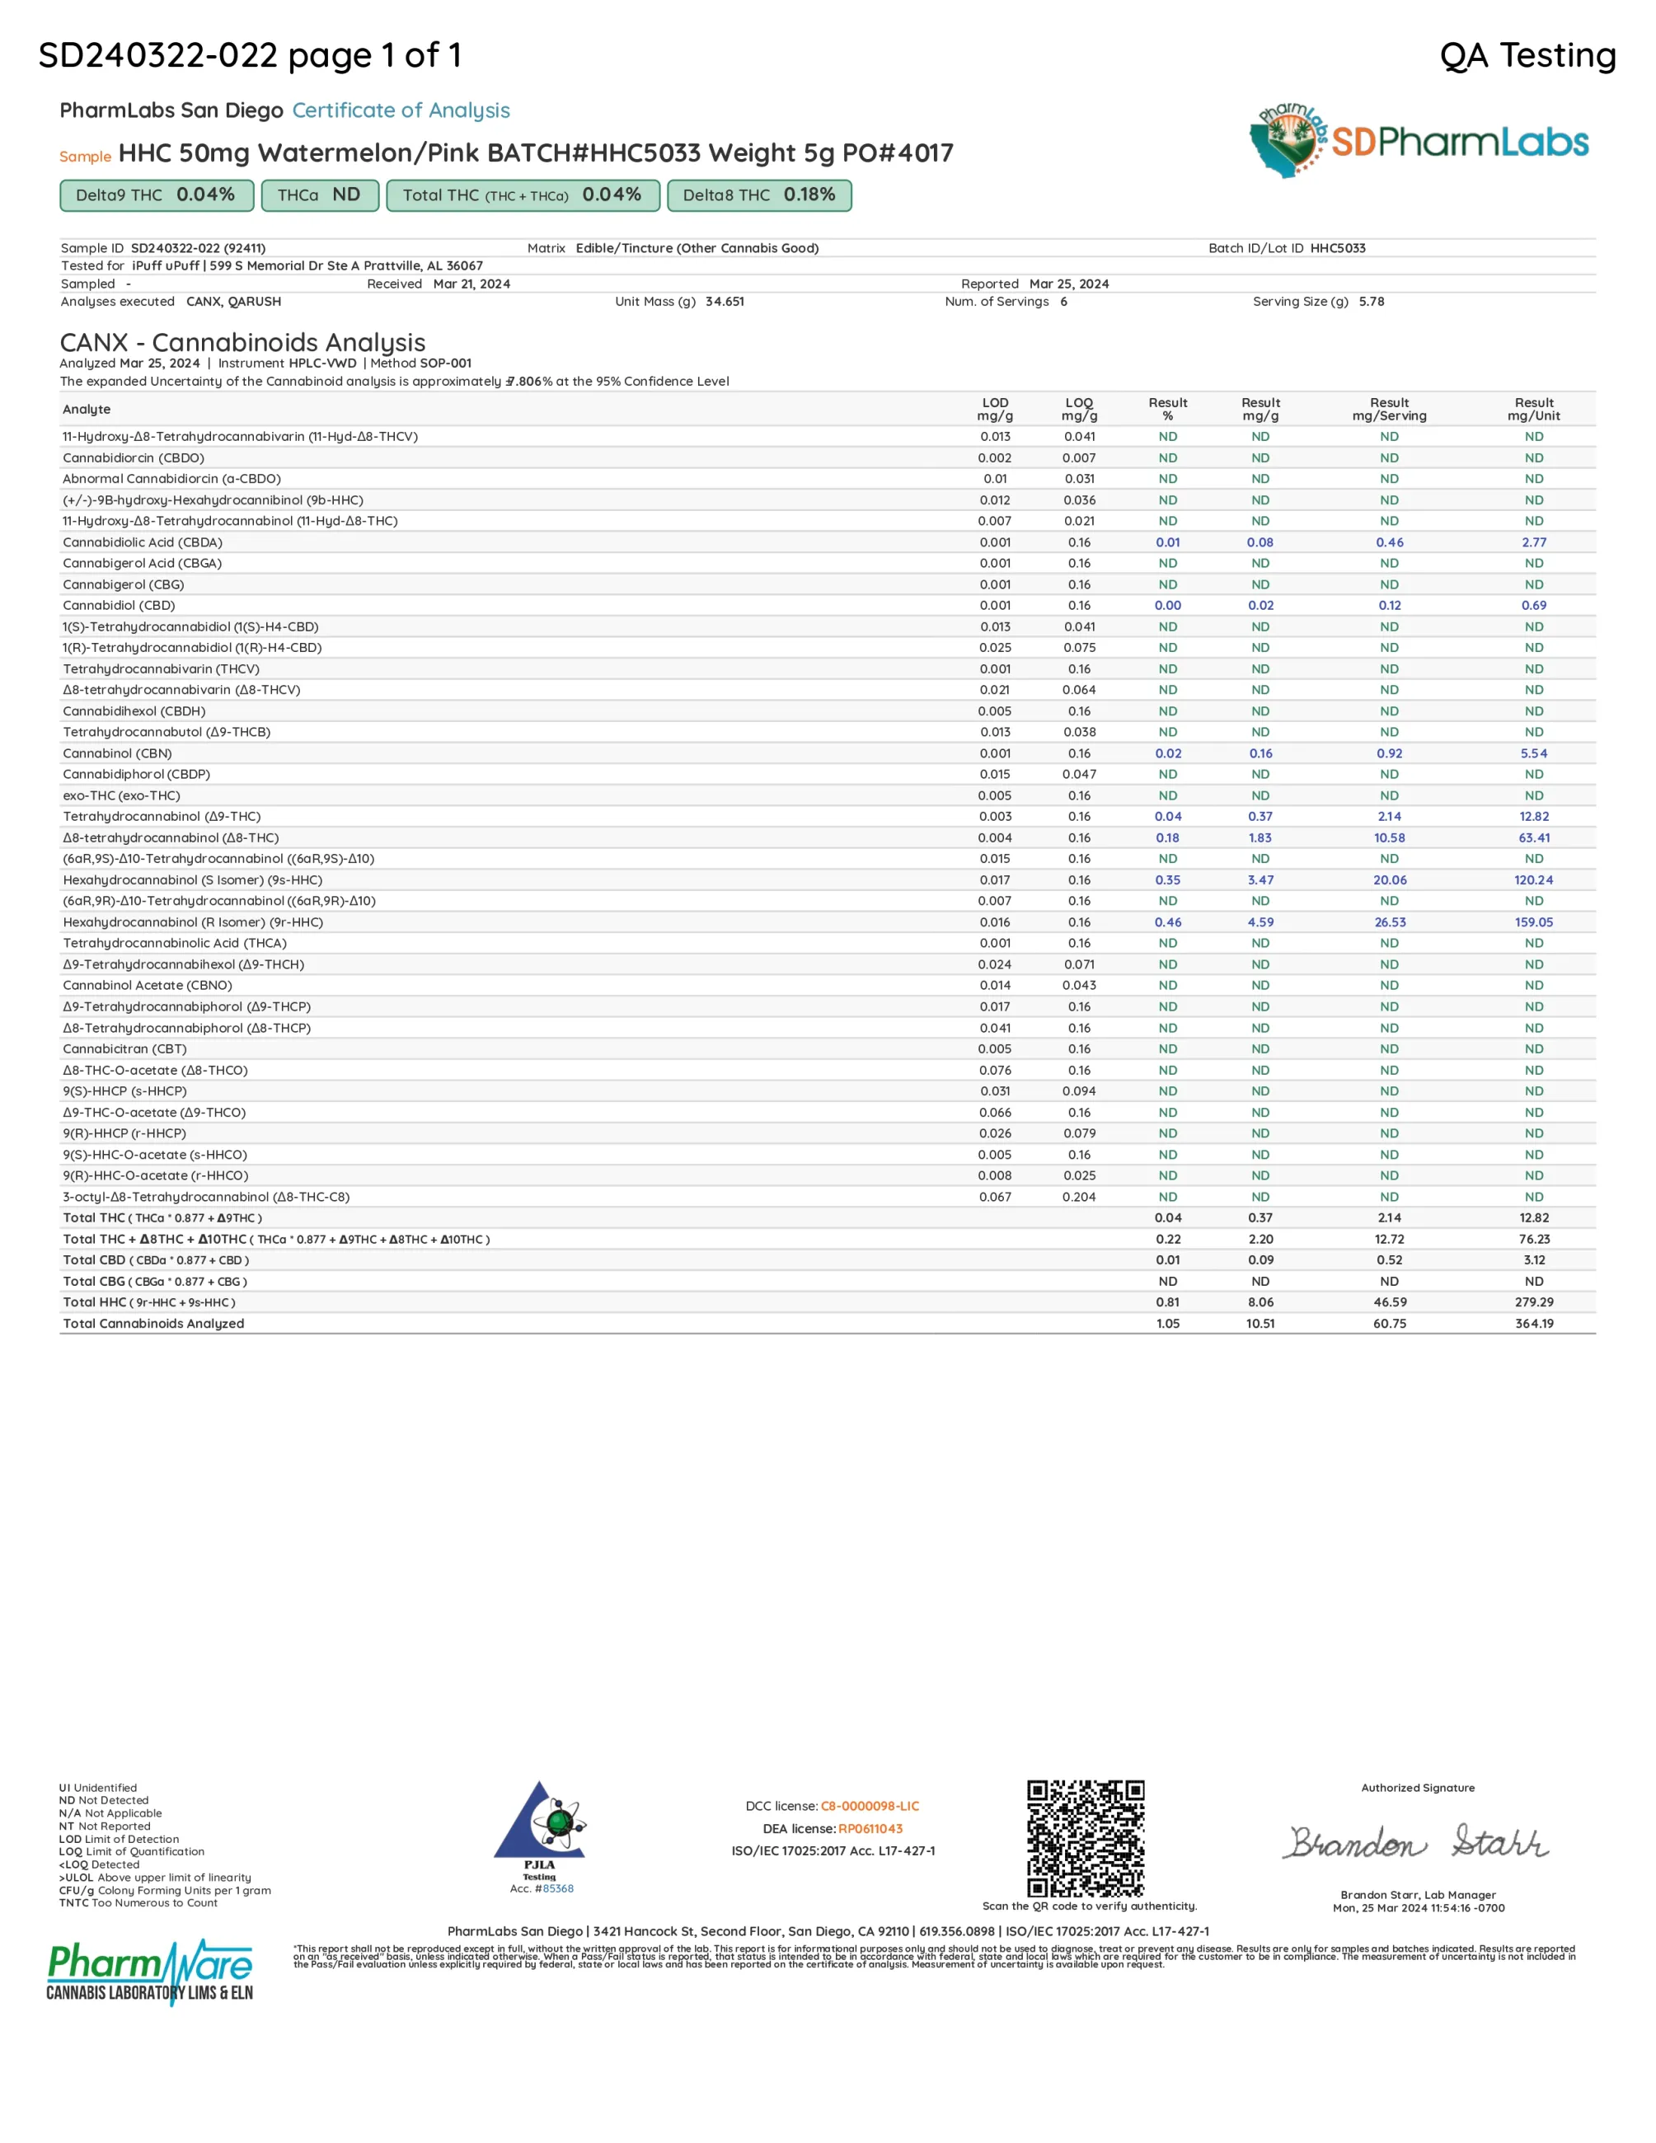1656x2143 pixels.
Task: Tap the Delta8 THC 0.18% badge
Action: (758, 195)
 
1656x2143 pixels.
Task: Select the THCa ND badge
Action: (319, 195)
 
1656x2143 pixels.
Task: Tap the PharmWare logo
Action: (150, 1970)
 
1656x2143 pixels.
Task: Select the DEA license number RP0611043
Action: (870, 1828)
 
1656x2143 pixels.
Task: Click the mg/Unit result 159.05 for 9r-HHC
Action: (1533, 922)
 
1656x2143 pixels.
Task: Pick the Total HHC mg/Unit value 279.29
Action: (1533, 1302)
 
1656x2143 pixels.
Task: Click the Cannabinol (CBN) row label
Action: (118, 753)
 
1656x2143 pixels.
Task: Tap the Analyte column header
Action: (87, 409)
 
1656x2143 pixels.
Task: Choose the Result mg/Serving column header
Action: (1389, 409)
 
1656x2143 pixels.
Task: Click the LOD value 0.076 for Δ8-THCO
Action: (995, 1071)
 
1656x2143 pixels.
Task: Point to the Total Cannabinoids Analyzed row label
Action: (154, 1324)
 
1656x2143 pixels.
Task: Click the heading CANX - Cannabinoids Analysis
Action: (242, 342)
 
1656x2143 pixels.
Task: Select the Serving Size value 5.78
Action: (1372, 301)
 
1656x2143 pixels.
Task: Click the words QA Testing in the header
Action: (1527, 55)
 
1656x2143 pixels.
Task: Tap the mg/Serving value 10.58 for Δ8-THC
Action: (1389, 838)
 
